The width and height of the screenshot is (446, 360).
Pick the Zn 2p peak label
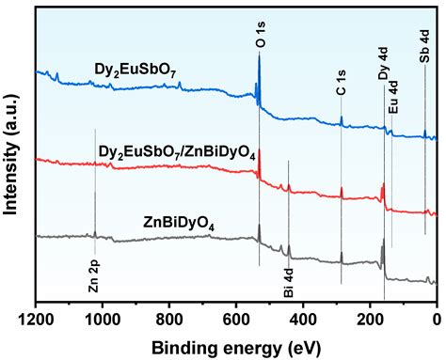(x=95, y=276)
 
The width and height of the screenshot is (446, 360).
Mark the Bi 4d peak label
(x=289, y=281)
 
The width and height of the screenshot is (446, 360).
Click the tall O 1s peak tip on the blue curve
(x=260, y=54)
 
